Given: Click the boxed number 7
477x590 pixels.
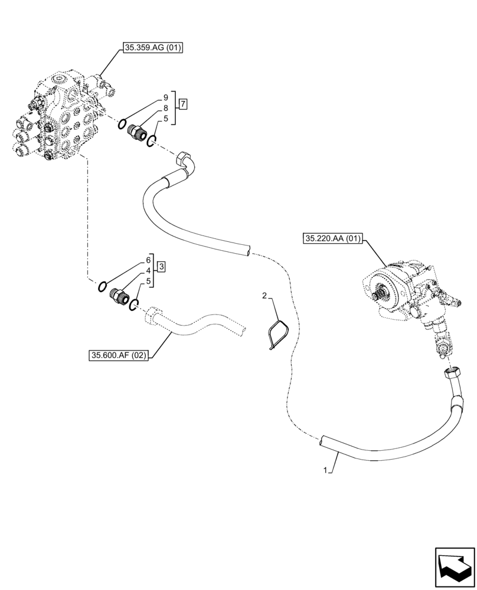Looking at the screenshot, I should pyautogui.click(x=183, y=104).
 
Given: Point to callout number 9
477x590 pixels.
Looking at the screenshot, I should pyautogui.click(x=166, y=97).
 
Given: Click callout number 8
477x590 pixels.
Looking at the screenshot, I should pyautogui.click(x=166, y=108).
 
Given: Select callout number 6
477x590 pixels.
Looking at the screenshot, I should pyautogui.click(x=149, y=260).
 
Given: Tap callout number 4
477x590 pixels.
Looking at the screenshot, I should pyautogui.click(x=149, y=271).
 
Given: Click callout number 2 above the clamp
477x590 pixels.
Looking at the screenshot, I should pyautogui.click(x=265, y=295).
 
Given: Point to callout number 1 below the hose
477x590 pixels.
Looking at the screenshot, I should pyautogui.click(x=325, y=470).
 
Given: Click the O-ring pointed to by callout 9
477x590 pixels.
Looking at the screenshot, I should pyautogui.click(x=122, y=123).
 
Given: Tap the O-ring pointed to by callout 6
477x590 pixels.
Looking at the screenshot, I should pyautogui.click(x=103, y=287).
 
